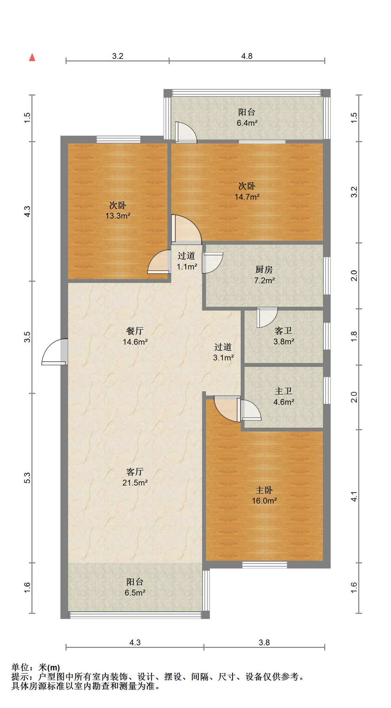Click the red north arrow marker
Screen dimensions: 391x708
click(32, 57)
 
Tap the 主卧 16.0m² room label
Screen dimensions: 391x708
click(264, 495)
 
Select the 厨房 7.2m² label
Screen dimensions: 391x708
click(264, 275)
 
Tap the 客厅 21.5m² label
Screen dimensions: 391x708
click(135, 477)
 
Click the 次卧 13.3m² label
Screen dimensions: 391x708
click(118, 211)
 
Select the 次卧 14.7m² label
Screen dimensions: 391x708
click(247, 191)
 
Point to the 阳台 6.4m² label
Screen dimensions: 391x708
click(247, 118)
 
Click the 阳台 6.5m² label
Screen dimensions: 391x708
click(135, 587)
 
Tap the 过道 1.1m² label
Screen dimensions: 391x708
click(186, 261)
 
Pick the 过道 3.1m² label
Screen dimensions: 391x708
click(223, 352)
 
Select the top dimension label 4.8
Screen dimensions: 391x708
click(247, 56)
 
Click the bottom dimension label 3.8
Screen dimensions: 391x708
click(264, 642)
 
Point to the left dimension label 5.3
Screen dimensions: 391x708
click(27, 478)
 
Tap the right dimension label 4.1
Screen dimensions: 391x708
click(354, 496)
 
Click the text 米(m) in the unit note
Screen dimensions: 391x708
click(49, 667)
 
